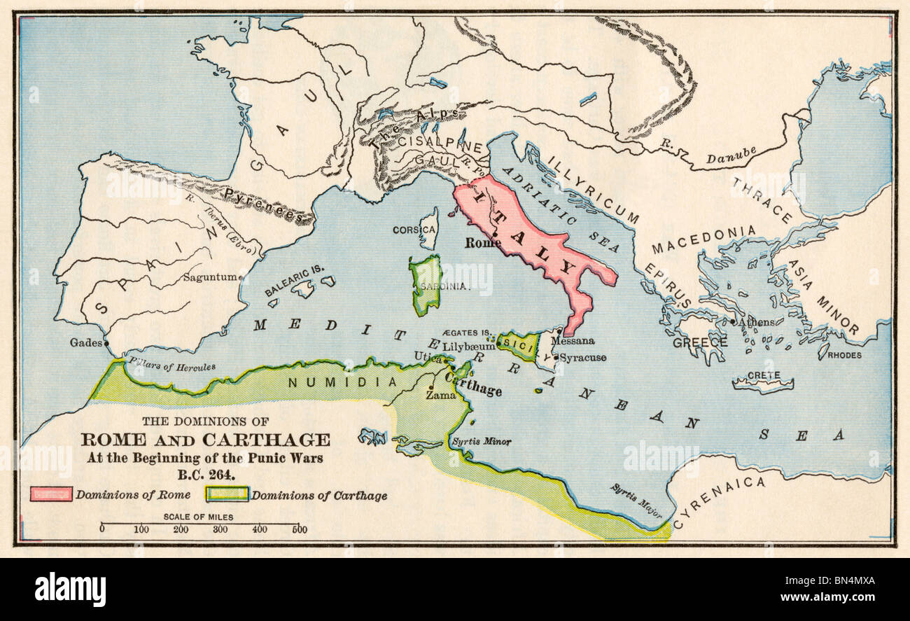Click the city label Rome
pos(483,243)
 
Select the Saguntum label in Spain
pos(209,277)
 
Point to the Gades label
pos(86,343)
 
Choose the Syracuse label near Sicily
pos(582,358)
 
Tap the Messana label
pos(573,341)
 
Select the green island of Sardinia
pos(426,284)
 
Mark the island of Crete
pos(762,382)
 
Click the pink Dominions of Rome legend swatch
pos(50,494)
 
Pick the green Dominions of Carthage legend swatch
pos(226,494)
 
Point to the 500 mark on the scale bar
pos(299,529)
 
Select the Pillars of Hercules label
pos(171,365)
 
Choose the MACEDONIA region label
pos(703,240)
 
